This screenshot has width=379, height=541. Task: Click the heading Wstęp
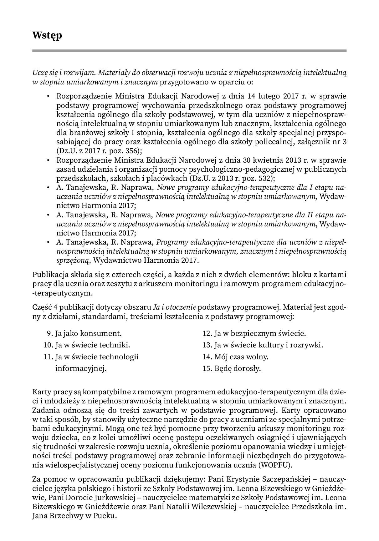point(47,35)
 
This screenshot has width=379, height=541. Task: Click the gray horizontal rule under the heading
point(189,51)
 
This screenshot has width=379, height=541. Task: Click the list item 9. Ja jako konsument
point(84,333)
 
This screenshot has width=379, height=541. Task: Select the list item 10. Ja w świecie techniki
point(87,345)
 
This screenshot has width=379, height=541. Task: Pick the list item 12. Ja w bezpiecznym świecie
point(254,333)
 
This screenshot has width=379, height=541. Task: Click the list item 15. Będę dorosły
point(232,368)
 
